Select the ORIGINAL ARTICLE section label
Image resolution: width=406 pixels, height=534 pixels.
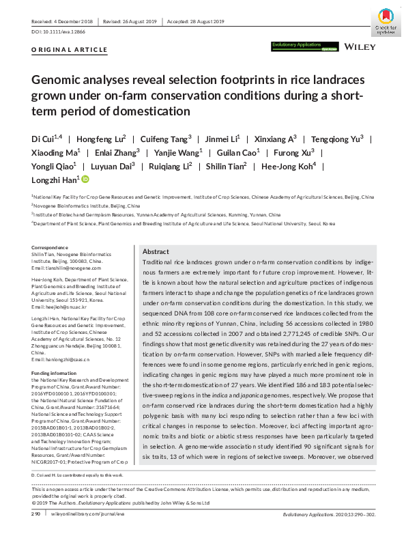[70, 50]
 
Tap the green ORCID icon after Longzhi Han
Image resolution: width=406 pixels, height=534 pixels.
[85, 180]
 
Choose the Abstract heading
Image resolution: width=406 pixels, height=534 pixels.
[156, 252]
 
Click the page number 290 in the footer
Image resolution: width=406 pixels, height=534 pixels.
[36, 514]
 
